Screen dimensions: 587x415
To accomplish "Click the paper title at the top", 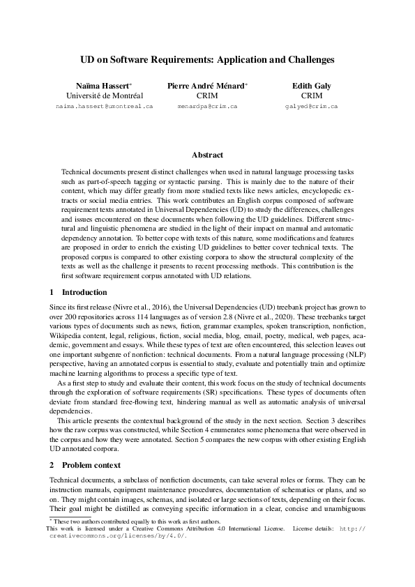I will [207, 60].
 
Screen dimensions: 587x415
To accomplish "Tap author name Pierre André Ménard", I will [206, 85].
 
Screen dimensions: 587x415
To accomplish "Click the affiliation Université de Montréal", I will [104, 96].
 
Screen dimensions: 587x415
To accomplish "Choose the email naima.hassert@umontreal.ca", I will [104, 107].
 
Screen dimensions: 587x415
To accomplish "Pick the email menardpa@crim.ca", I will [207, 107].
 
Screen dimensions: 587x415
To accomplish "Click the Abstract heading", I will [207, 155].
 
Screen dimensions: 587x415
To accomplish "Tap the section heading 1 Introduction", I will [78, 292].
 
